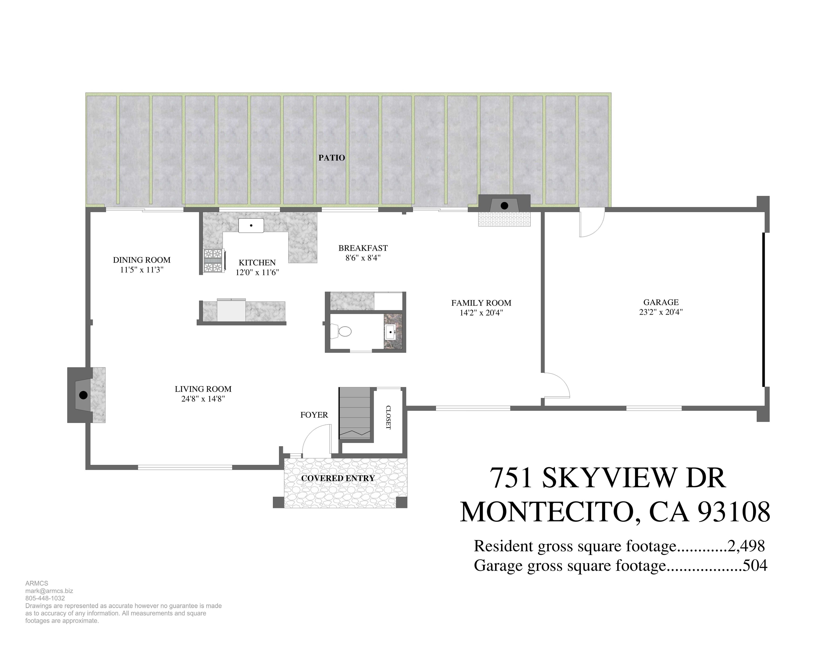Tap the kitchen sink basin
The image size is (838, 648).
tap(251, 225)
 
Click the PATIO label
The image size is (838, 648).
tap(332, 157)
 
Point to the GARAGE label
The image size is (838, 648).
tap(661, 302)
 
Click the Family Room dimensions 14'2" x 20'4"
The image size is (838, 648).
tap(481, 312)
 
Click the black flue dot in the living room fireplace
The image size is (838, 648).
tap(83, 395)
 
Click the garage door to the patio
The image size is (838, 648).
tap(592, 223)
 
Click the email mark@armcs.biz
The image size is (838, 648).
tap(49, 591)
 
